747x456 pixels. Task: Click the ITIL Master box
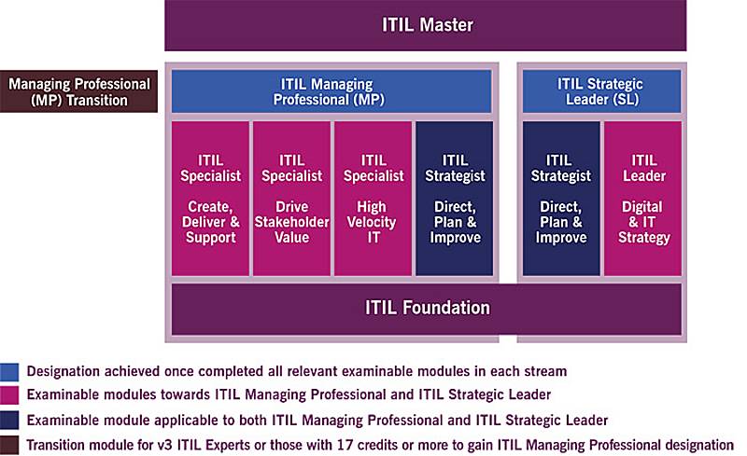point(426,25)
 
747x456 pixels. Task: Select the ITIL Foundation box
point(427,309)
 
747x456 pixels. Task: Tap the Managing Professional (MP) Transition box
point(78,91)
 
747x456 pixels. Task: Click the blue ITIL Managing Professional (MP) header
point(331,91)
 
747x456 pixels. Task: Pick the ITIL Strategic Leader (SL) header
point(601,91)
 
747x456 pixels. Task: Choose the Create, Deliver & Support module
point(210,199)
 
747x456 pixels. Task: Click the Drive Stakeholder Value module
point(291,199)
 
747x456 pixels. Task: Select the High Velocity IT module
point(373,199)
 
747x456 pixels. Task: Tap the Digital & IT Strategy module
point(642,199)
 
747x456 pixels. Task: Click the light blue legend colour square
point(9,372)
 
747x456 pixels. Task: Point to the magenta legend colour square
point(9,395)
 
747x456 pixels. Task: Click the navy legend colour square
point(9,421)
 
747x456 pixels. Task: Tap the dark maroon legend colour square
point(9,445)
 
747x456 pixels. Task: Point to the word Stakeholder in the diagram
point(291,222)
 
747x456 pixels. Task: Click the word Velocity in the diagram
point(372,222)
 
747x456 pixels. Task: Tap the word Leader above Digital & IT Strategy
point(644,176)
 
